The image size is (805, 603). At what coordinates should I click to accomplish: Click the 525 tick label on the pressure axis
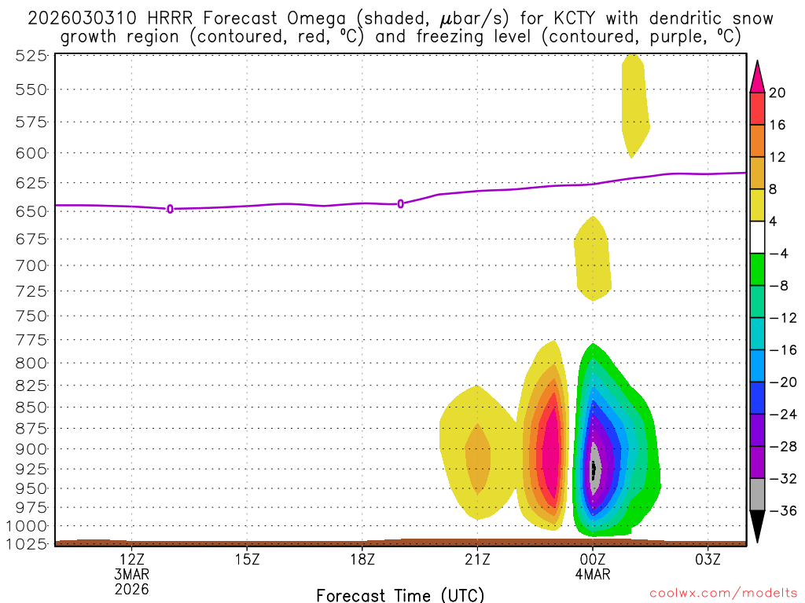pyautogui.click(x=31, y=56)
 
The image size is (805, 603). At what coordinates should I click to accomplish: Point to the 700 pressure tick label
pyautogui.click(x=31, y=265)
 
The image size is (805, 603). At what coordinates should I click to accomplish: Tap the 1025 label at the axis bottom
pyautogui.click(x=27, y=543)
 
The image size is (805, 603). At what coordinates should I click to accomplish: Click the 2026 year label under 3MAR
pyautogui.click(x=131, y=588)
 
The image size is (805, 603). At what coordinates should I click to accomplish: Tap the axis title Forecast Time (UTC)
pyautogui.click(x=400, y=595)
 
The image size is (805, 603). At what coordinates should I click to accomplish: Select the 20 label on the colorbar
pyautogui.click(x=777, y=93)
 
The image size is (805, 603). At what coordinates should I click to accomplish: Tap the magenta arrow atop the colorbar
pyautogui.click(x=757, y=76)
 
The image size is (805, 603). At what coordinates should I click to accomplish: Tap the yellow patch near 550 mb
pyautogui.click(x=634, y=102)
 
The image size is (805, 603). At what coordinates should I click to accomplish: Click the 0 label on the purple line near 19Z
pyautogui.click(x=401, y=203)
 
